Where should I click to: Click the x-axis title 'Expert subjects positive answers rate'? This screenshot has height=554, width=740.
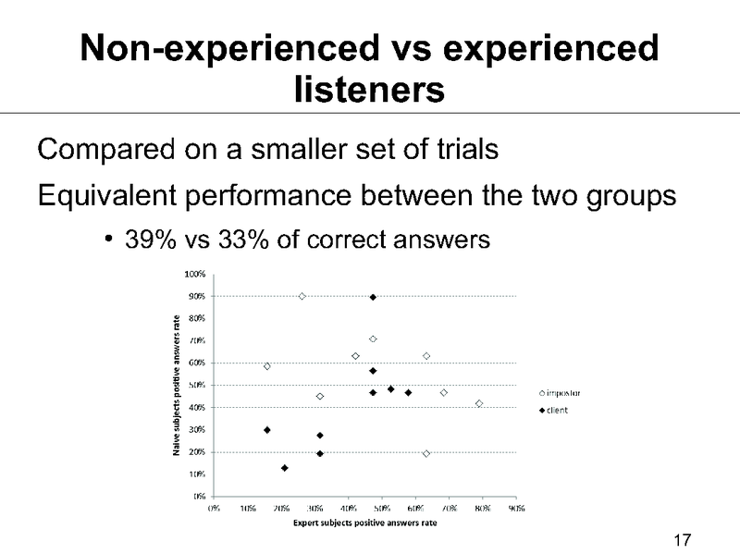tap(364, 523)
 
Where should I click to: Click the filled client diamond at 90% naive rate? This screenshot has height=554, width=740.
tap(373, 297)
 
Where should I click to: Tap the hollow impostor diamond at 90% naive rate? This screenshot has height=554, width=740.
tap(302, 296)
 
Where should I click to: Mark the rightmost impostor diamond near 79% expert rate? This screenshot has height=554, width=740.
tap(479, 403)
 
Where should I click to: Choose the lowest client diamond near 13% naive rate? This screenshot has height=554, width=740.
tap(284, 468)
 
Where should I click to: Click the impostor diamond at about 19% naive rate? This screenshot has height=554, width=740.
tap(426, 453)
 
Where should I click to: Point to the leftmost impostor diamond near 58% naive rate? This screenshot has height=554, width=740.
tap(267, 366)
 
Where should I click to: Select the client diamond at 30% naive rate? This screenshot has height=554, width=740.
tap(267, 430)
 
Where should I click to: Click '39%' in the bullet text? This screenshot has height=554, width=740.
tap(148, 240)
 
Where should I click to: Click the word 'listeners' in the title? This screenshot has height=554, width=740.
tap(369, 90)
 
